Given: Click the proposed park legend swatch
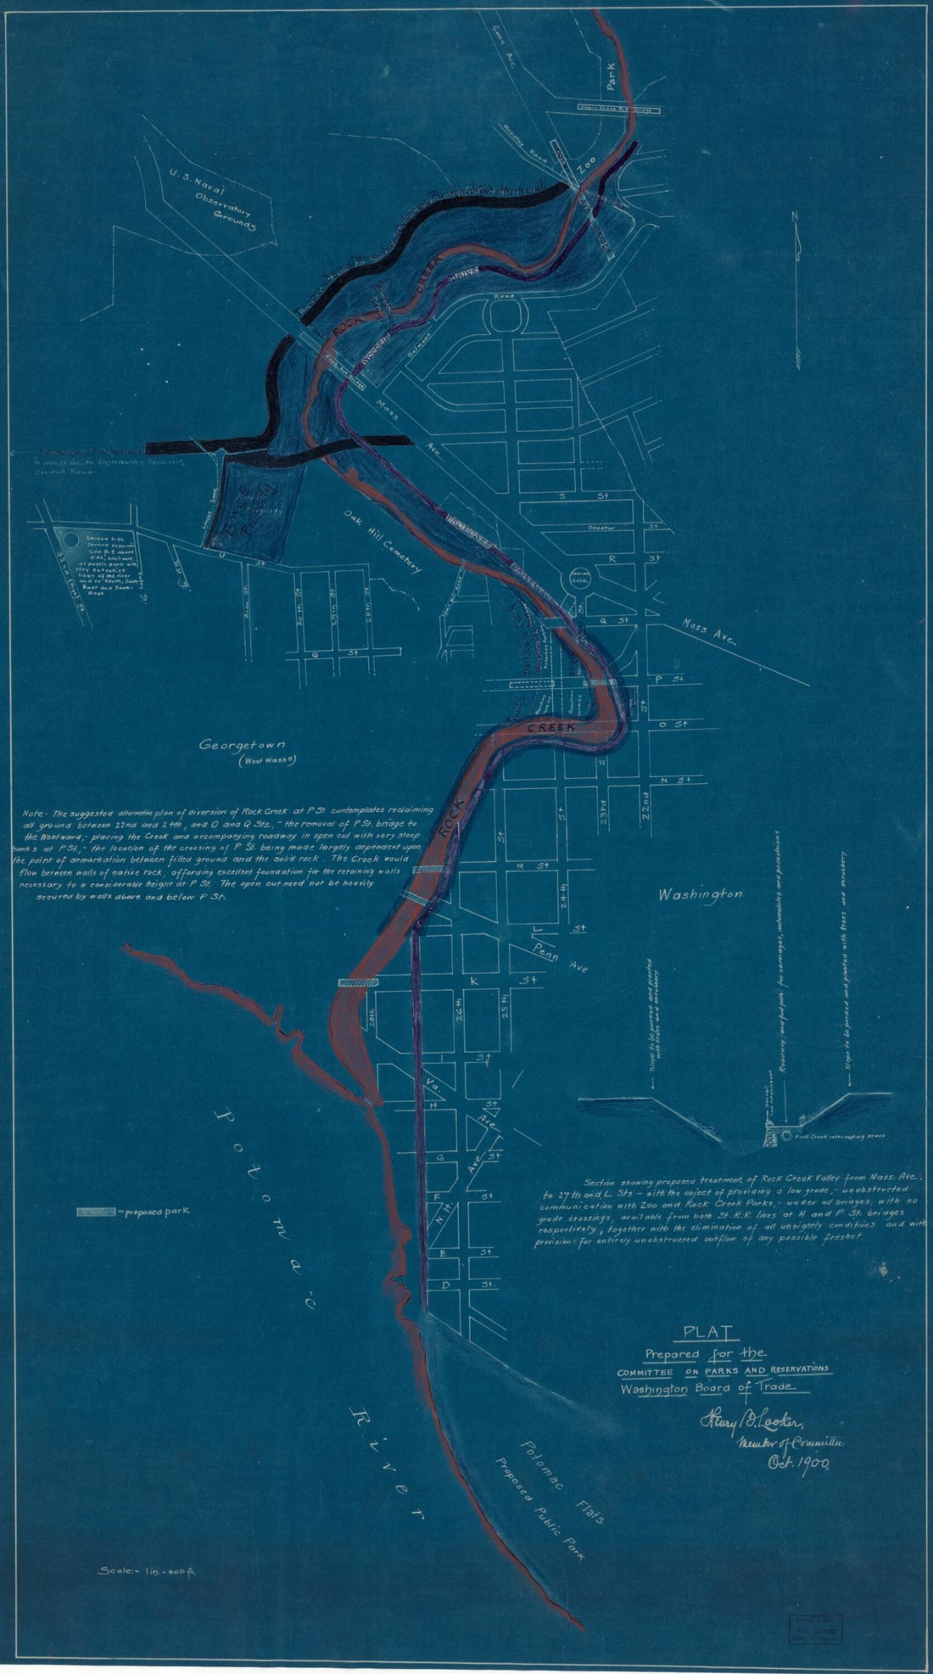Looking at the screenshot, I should point(96,1212).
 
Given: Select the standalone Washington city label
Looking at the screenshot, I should point(701,894).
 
